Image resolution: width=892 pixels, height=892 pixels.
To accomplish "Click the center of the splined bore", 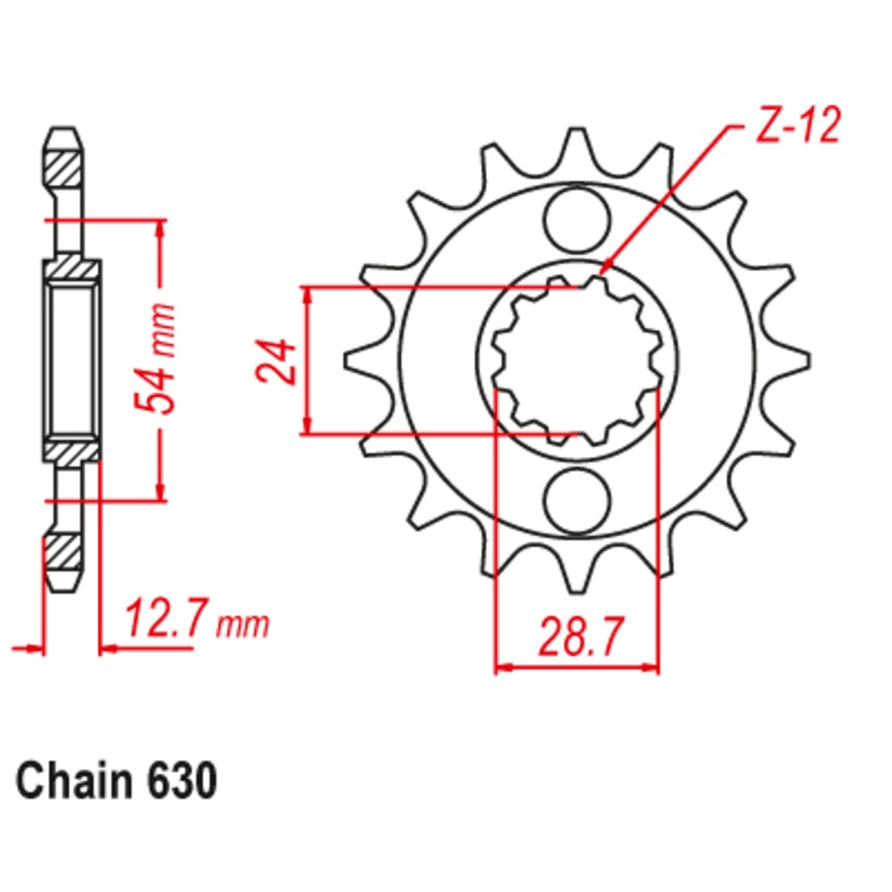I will [576, 360].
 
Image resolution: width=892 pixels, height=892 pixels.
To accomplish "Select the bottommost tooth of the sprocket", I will [576, 580].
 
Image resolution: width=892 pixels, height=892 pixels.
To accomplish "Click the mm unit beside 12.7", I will [243, 624].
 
